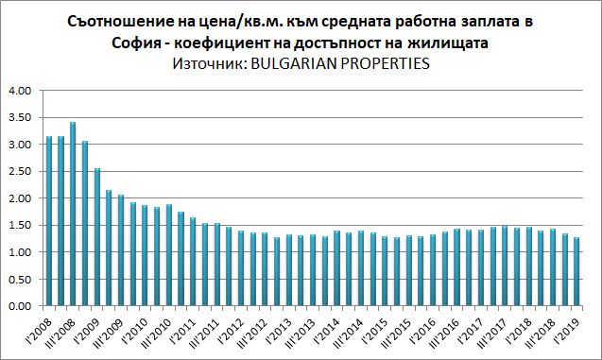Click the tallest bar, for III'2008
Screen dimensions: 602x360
coord(73,214)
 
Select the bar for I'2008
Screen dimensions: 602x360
coord(49,221)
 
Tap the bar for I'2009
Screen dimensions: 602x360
coord(96,237)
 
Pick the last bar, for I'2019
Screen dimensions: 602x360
coord(576,271)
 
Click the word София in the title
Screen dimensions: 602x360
coord(136,43)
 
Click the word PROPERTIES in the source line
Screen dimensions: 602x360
coord(385,63)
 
